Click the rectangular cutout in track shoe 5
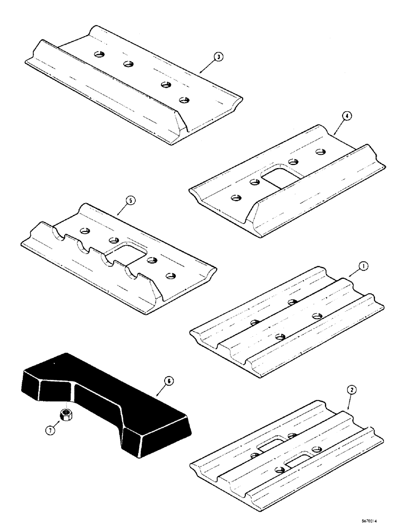128,250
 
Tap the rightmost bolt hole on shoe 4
320,152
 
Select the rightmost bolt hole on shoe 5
170,276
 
